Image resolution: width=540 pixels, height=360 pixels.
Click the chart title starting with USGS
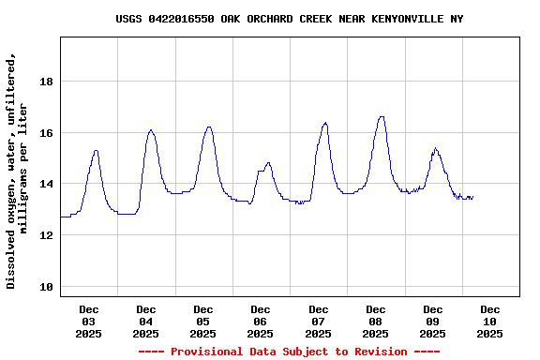pos(289,19)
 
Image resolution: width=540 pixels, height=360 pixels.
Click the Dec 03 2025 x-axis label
pos(89,321)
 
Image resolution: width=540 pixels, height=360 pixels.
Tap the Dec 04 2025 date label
pos(146,321)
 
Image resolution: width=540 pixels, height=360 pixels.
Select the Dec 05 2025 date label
pos(203,321)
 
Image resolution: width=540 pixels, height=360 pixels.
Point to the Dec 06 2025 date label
pos(261,321)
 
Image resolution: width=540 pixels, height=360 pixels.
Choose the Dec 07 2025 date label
pos(319,321)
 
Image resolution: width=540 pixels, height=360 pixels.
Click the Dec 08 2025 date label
pos(376,321)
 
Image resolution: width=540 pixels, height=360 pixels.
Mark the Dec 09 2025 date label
pos(433,321)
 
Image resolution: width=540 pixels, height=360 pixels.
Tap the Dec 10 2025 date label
pos(490,321)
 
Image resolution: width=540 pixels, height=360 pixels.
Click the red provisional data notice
pos(289,352)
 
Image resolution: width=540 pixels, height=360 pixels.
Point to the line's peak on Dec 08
pos(382,116)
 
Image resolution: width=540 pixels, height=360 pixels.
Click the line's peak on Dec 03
pos(96,150)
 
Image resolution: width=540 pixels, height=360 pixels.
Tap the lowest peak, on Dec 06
pos(268,162)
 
